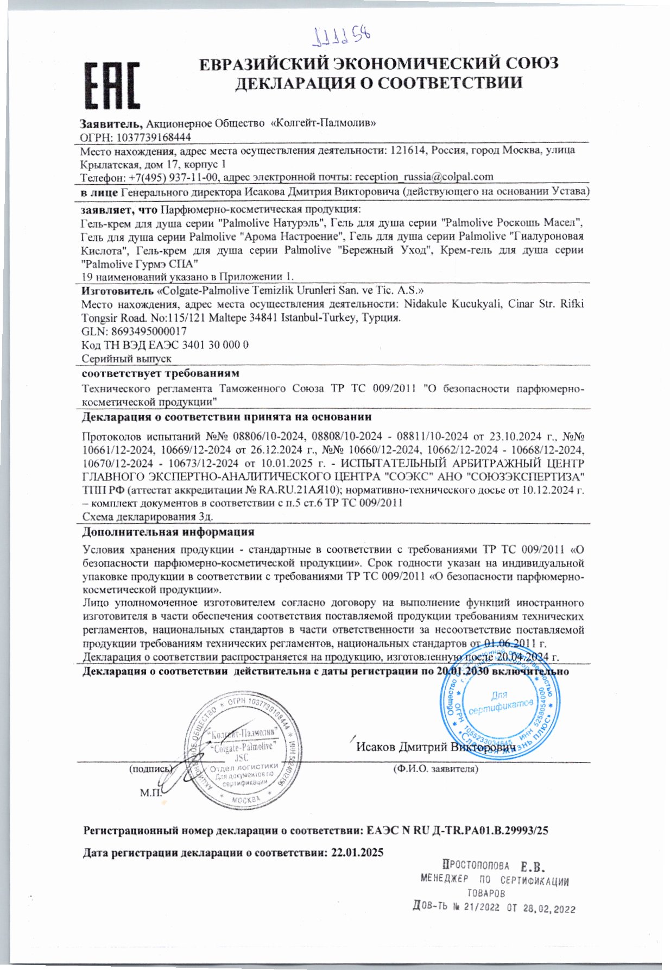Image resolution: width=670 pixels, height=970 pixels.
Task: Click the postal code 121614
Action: pyautogui.click(x=409, y=150)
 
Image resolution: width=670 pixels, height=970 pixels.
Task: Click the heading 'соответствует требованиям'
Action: pyautogui.click(x=160, y=373)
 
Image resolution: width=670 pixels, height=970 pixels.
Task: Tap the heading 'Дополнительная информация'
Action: pyautogui.click(x=168, y=531)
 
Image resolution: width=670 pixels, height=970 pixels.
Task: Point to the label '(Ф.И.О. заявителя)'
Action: pyautogui.click(x=435, y=769)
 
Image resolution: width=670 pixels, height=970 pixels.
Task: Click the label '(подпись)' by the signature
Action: pyautogui.click(x=150, y=769)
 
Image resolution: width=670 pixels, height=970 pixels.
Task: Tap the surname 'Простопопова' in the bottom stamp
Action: pyautogui.click(x=476, y=866)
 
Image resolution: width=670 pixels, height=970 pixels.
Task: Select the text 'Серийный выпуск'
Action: pyautogui.click(x=127, y=359)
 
